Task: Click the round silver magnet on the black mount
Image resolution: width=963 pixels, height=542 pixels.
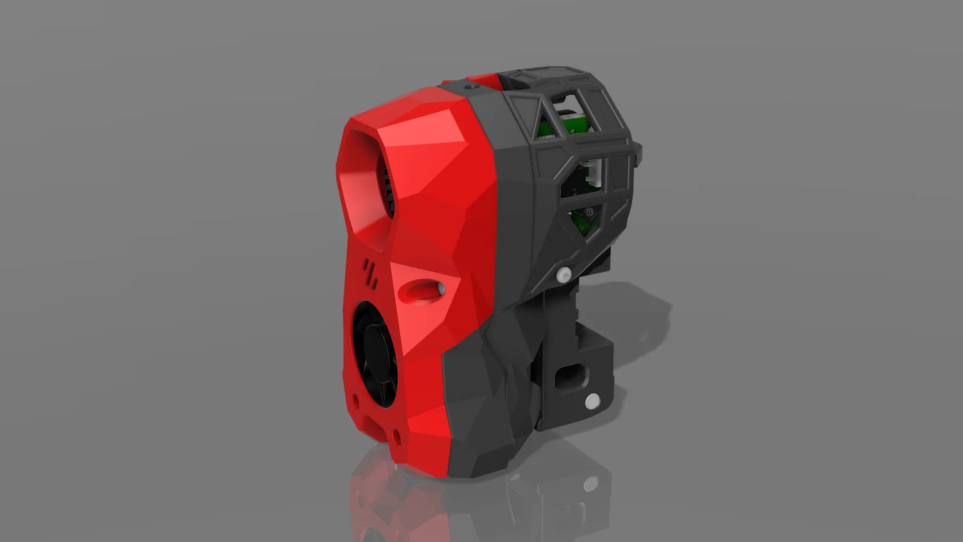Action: tap(592, 400)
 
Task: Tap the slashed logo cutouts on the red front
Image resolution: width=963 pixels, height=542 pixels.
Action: tap(371, 274)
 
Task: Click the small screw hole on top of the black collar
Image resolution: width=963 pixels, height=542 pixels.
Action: tap(470, 87)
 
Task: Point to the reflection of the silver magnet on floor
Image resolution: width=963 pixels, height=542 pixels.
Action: tap(591, 483)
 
